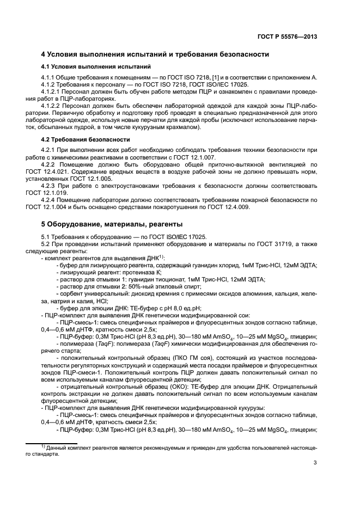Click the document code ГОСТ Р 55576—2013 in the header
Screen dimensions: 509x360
(288, 36)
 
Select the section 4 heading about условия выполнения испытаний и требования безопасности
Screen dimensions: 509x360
(155, 54)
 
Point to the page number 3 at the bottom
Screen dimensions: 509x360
(315, 463)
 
